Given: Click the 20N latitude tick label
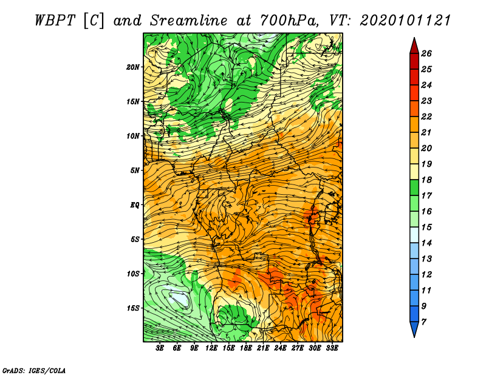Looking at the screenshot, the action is tap(132, 67).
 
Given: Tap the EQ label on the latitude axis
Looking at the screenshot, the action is tap(135, 205).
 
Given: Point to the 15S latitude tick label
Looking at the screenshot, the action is tap(133, 308).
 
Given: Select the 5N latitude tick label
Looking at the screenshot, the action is tap(135, 171).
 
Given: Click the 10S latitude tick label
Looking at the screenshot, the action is tap(133, 274).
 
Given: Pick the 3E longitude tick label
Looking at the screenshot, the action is tap(160, 348).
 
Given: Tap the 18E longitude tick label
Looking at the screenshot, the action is tap(246, 348).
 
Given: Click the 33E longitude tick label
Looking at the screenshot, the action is tap(332, 348).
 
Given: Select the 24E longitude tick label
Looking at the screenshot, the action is tap(280, 348).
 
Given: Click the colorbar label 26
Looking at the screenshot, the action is tap(426, 53).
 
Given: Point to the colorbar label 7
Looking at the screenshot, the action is tap(423, 322).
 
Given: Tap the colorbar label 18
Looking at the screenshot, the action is tap(426, 180).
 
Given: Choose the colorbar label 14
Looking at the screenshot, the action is tap(426, 243).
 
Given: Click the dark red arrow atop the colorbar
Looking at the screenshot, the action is tap(414, 47).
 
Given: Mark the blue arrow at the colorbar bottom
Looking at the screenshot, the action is tap(414, 329).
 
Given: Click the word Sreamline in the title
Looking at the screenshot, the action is tap(189, 21).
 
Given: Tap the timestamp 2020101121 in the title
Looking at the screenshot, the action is tap(405, 21).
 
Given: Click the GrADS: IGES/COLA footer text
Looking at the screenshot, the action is tap(34, 371).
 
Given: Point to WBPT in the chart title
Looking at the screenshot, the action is tap(55, 21).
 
